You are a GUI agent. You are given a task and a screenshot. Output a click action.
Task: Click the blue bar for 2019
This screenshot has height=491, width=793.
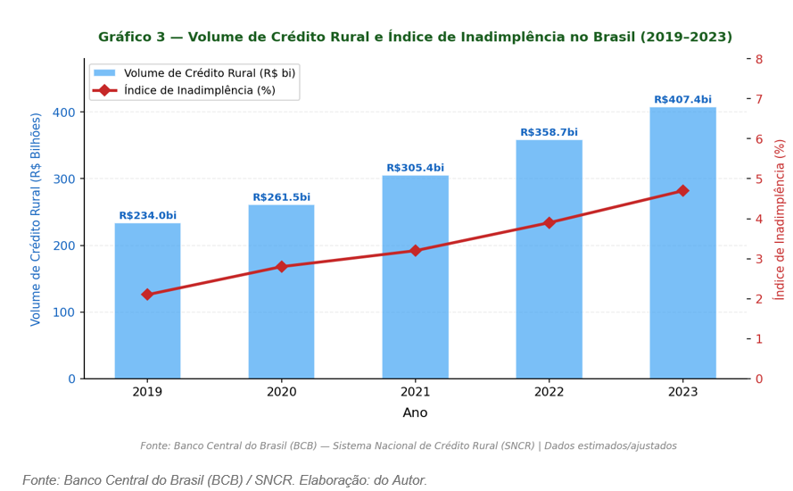click(x=148, y=301)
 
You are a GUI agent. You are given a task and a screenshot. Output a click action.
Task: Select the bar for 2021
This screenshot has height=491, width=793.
click(x=415, y=277)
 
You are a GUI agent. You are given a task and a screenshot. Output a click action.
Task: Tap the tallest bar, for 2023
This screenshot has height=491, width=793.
click(x=682, y=243)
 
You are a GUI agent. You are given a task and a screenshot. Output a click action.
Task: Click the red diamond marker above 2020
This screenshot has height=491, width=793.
click(x=282, y=267)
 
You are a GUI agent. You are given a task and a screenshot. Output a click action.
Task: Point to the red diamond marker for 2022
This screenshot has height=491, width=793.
click(x=549, y=222)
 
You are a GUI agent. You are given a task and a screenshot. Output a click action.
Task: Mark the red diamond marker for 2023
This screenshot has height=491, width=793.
click(x=682, y=191)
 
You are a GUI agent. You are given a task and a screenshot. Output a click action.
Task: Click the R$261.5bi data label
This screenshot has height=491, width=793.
click(x=282, y=197)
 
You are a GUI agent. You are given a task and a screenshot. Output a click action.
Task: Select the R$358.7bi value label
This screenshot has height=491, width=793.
click(x=549, y=132)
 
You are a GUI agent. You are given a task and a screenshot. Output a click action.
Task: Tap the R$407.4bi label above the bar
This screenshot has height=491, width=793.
click(x=682, y=99)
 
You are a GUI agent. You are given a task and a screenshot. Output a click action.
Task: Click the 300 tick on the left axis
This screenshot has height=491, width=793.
click(x=64, y=179)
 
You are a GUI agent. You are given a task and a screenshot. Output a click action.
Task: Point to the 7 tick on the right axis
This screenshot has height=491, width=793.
click(x=759, y=99)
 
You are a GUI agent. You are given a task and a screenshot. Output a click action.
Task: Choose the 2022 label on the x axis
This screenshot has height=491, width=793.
click(x=549, y=392)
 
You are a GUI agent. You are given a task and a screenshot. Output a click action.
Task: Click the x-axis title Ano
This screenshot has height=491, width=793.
click(x=415, y=412)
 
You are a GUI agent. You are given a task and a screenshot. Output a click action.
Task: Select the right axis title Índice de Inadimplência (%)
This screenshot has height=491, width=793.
click(x=780, y=220)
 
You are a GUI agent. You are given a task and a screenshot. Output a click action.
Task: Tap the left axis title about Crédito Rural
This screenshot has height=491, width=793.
click(x=35, y=220)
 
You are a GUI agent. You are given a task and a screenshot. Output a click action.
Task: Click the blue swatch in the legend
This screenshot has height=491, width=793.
click(x=104, y=73)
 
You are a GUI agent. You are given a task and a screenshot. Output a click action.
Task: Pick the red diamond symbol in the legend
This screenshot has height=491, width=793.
click(x=104, y=90)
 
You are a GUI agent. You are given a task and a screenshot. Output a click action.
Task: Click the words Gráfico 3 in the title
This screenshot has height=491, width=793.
click(x=131, y=37)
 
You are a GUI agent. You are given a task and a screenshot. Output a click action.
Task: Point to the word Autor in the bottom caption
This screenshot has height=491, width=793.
click(x=409, y=480)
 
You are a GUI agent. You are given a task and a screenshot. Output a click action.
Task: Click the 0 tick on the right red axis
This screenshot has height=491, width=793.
click(x=759, y=379)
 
